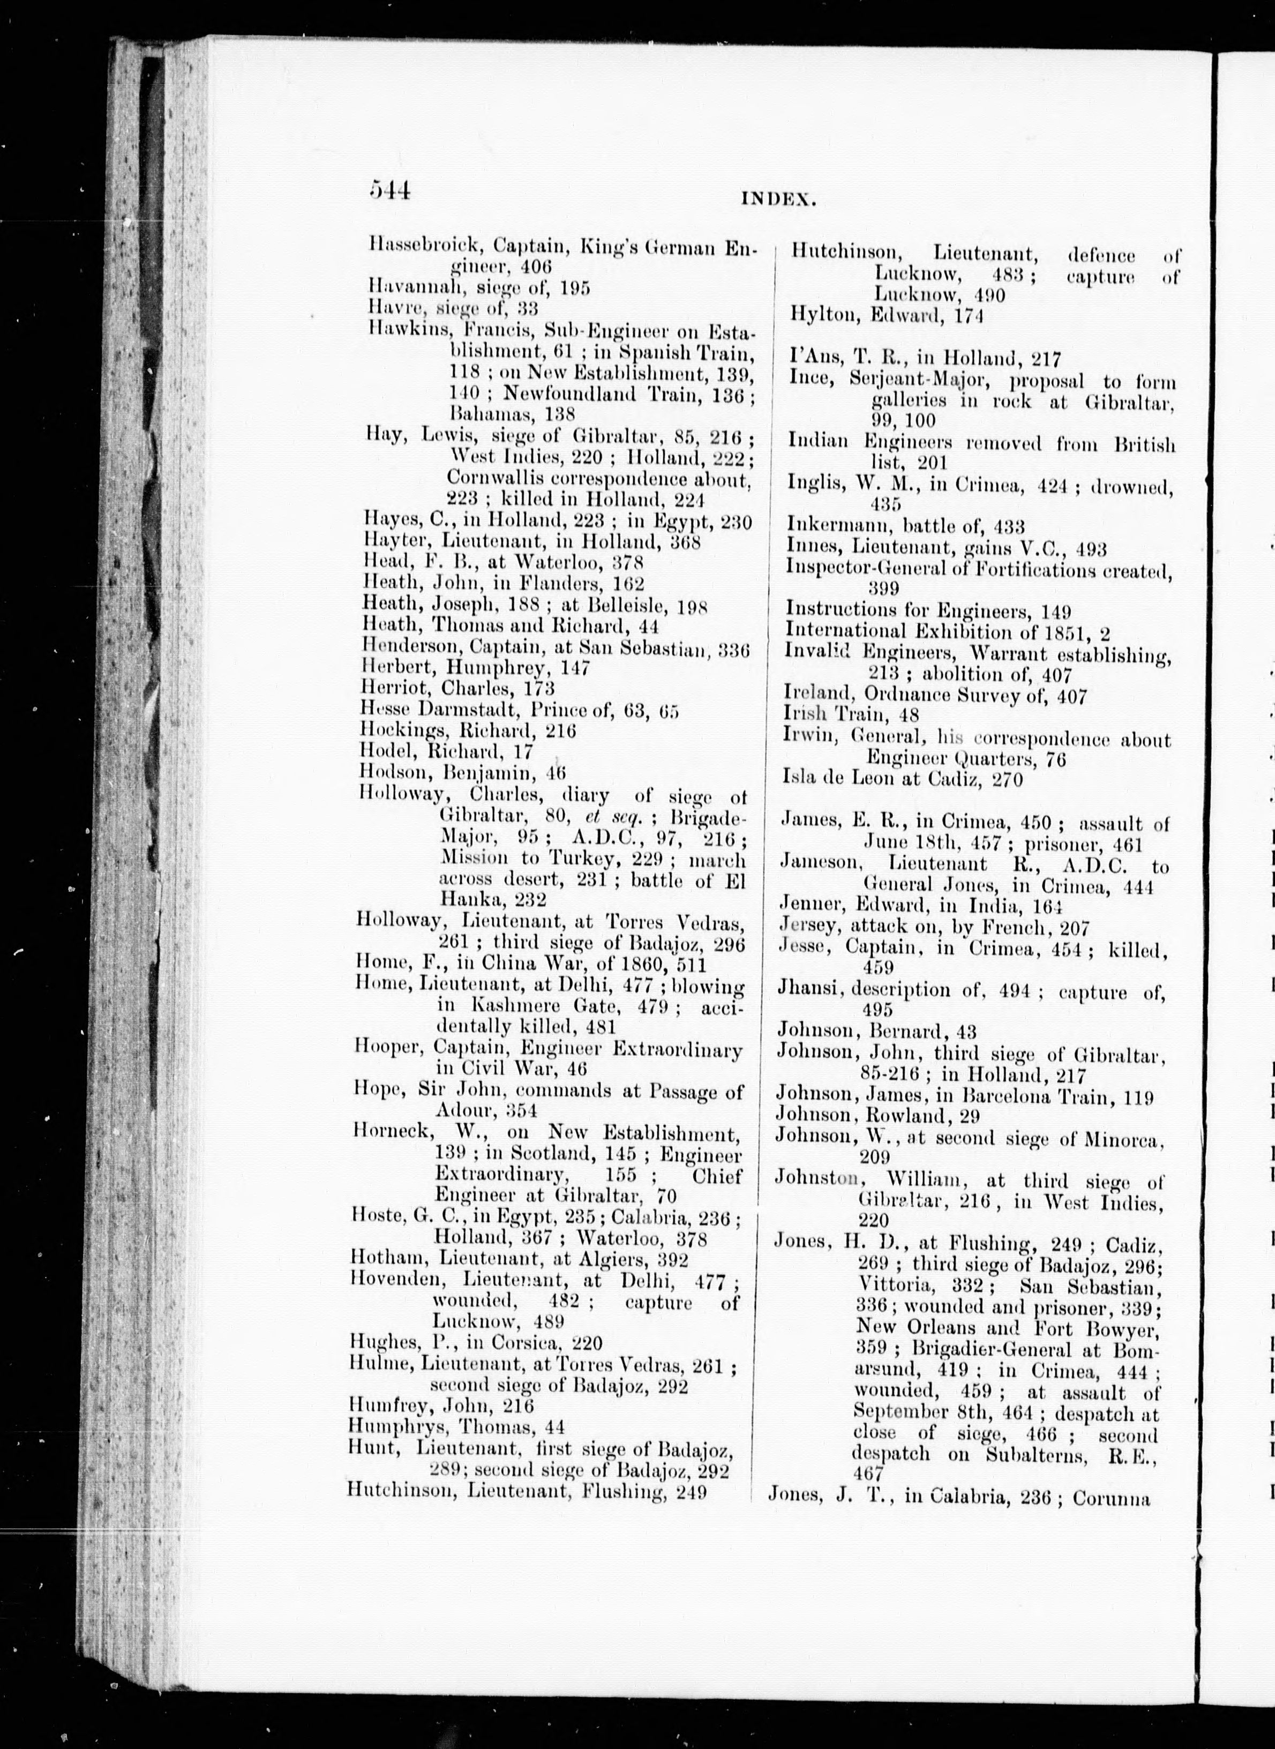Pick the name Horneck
(391, 1134)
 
